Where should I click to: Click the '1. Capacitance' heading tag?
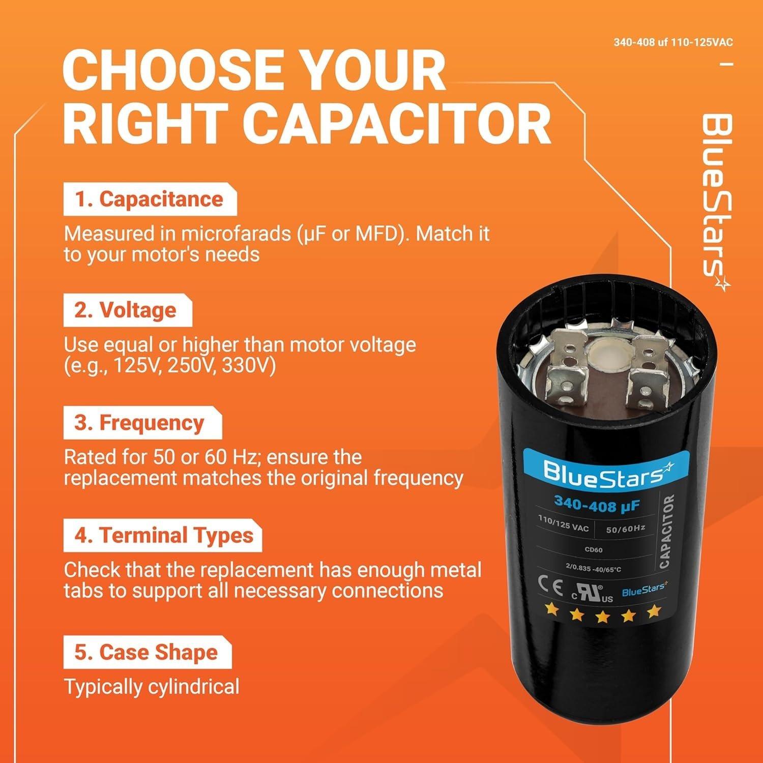tap(150, 200)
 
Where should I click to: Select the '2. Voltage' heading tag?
tap(127, 311)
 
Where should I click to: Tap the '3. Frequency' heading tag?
tap(142, 423)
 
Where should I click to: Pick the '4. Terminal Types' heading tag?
tap(162, 536)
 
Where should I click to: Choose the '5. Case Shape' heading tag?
tap(147, 653)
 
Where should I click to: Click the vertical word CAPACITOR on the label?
tap(666, 532)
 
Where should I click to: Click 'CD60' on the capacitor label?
tap(594, 550)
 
